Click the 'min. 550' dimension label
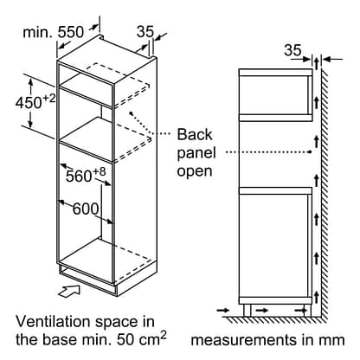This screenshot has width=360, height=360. click(x=53, y=32)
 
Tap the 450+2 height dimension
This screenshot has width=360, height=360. click(x=35, y=102)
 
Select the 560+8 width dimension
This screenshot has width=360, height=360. click(x=86, y=175)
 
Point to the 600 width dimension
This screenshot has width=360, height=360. click(x=86, y=209)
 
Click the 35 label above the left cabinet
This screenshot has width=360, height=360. click(x=145, y=31)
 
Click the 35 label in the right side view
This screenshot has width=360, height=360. click(x=292, y=50)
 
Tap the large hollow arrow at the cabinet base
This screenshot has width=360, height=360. click(x=69, y=290)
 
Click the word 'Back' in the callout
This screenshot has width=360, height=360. click(x=195, y=134)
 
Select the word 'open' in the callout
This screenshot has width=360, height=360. click(x=195, y=171)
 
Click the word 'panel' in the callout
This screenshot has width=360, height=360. click(x=196, y=153)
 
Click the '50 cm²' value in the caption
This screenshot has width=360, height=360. click(x=142, y=338)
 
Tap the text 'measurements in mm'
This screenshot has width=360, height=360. click(x=267, y=340)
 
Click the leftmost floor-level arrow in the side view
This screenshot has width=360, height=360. click(x=223, y=311)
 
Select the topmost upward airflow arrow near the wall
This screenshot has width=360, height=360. click(x=317, y=63)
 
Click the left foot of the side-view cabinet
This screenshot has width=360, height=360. click(x=247, y=310)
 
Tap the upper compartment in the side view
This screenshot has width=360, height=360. click(x=275, y=95)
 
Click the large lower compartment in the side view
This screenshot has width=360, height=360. click(x=275, y=246)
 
